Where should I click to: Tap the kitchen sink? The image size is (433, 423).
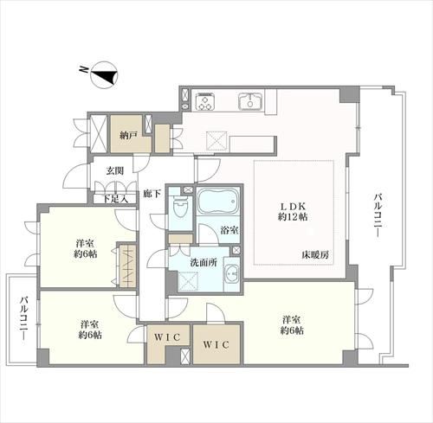click(250, 101)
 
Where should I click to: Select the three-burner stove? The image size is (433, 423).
click(205, 102)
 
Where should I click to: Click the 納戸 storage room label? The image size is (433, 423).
click(127, 136)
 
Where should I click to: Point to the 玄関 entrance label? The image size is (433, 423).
click(114, 171)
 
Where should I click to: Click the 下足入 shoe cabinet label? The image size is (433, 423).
click(115, 199)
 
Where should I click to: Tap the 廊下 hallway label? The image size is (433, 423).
click(152, 194)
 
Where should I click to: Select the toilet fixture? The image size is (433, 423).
click(180, 206)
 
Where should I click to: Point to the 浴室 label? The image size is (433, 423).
click(229, 230)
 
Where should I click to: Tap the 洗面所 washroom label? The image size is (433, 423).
click(204, 263)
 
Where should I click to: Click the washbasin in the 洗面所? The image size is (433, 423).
click(232, 272)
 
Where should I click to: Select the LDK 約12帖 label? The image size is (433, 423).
click(292, 212)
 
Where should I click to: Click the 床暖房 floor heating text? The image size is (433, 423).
click(315, 255)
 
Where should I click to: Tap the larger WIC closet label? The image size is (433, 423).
click(216, 344)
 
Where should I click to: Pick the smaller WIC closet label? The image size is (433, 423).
click(167, 336)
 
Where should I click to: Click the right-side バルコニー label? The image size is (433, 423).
click(377, 216)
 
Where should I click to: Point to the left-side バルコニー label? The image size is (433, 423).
click(23, 318)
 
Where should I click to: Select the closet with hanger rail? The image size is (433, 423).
click(127, 266)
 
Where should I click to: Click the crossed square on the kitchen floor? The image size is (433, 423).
click(217, 142)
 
